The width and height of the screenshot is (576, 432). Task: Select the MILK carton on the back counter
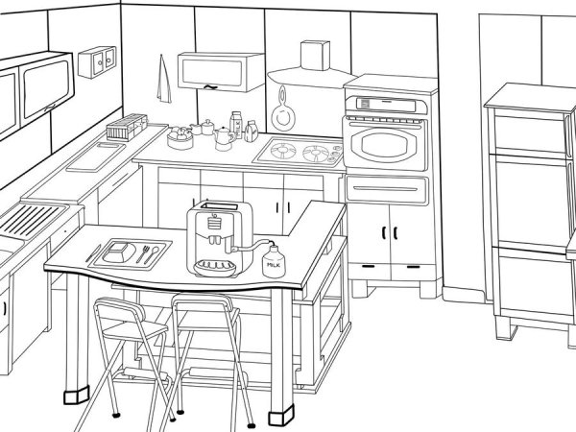(236, 125)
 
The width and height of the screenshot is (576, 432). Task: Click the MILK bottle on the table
(274, 261)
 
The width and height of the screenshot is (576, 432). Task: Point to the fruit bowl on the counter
(180, 138)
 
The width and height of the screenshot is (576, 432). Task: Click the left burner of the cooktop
(283, 151)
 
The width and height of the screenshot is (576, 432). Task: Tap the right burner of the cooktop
(317, 154)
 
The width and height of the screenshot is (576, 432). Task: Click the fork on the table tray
(142, 254)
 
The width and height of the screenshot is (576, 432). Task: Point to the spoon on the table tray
(151, 255)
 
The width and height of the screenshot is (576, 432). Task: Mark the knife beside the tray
(93, 253)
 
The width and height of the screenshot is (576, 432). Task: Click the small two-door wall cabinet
(97, 61)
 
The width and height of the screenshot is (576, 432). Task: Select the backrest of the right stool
(203, 303)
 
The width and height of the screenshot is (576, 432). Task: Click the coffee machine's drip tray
(215, 268)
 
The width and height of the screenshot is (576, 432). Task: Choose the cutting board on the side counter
(96, 156)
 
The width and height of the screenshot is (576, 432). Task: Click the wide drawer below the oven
(387, 189)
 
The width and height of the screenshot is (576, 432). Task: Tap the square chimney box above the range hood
(315, 55)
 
